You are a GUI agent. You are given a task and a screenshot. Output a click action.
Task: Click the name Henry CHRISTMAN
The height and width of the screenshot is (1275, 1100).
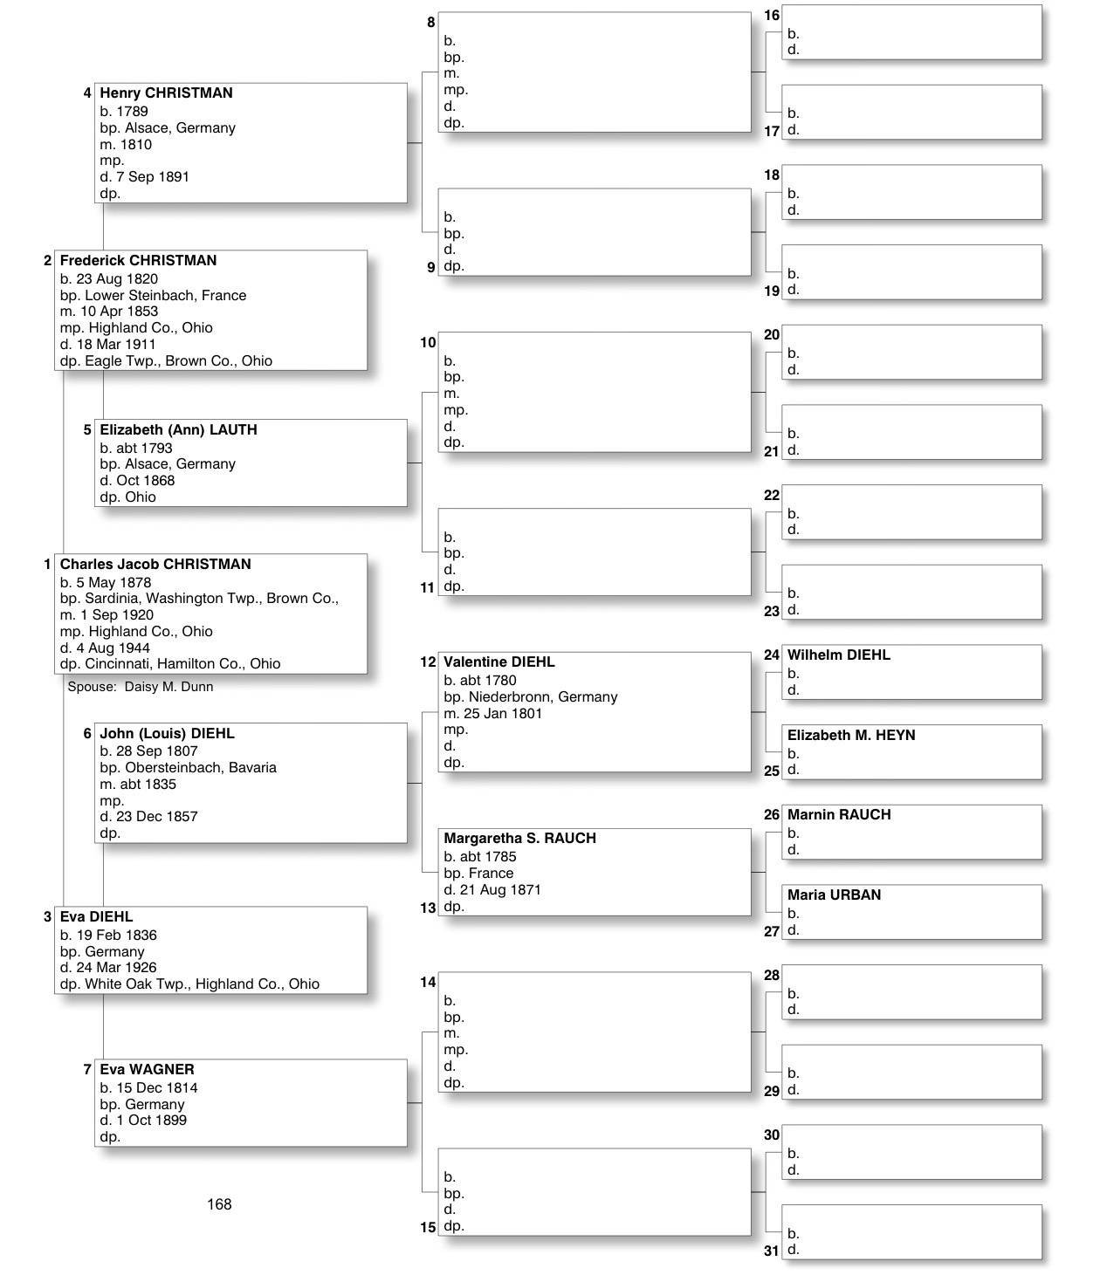click(x=166, y=93)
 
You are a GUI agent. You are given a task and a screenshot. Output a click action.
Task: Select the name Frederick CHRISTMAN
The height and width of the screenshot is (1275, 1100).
click(x=138, y=260)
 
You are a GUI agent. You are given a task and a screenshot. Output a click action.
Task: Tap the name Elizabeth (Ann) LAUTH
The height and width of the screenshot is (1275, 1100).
click(x=178, y=429)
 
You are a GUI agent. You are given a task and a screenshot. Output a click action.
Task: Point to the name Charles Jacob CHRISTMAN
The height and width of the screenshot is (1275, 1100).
click(x=155, y=564)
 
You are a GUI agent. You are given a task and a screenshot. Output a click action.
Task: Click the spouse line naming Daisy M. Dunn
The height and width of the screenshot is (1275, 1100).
click(x=141, y=687)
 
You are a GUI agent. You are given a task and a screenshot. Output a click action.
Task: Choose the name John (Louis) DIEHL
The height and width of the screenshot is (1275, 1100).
click(x=167, y=733)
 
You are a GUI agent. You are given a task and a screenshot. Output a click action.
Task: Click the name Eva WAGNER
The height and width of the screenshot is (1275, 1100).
click(x=147, y=1069)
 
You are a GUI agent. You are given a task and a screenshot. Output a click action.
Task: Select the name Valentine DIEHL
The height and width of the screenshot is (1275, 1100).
click(x=498, y=661)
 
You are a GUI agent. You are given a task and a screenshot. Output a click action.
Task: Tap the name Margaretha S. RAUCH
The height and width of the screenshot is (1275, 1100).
click(x=519, y=838)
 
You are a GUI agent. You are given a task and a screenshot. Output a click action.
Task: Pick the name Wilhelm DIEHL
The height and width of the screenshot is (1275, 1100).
click(x=838, y=655)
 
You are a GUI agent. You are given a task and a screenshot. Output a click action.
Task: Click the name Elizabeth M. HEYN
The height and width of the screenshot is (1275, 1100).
click(x=851, y=735)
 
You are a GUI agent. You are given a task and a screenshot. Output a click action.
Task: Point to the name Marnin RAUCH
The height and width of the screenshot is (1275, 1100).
click(x=839, y=814)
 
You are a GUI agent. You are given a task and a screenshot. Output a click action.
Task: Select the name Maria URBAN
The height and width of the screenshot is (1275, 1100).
click(x=834, y=895)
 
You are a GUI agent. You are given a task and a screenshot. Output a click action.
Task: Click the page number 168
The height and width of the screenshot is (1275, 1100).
click(x=219, y=1204)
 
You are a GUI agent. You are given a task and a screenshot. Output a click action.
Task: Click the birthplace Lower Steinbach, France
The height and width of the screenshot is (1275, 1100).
click(x=165, y=295)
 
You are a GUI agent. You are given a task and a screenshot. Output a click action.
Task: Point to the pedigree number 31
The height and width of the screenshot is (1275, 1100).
click(x=771, y=1251)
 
